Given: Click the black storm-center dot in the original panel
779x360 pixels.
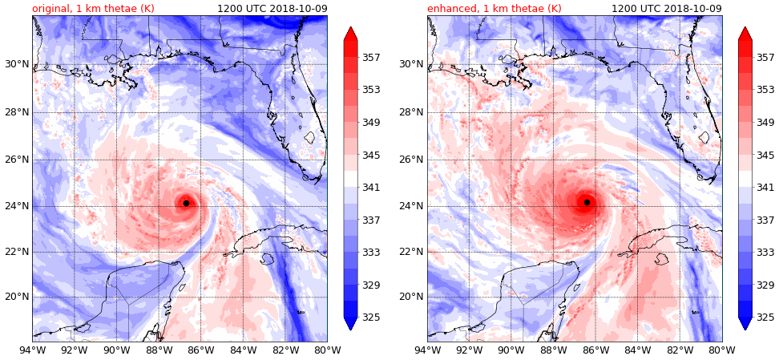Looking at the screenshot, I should pos(186,203).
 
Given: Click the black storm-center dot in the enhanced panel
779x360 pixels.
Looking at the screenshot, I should pos(587,202).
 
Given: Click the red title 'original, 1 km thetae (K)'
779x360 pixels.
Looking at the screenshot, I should pos(93,8).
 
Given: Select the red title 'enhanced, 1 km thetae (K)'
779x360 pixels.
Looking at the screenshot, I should pos(494,8).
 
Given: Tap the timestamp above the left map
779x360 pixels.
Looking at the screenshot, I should pos(272,8).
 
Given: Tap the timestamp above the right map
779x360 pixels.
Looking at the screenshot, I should pos(666,8).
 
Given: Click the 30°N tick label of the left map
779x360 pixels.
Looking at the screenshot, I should pos(18,64).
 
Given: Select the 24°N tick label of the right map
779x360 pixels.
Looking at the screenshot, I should pos(413,206).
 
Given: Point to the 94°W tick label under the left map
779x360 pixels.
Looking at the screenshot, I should pos(32,350).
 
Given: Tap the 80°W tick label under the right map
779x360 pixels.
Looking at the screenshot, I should pos(722,350).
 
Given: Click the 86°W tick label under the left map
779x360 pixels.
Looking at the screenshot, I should pos(200,350).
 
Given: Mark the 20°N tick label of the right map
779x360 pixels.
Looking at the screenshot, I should pos(413,297).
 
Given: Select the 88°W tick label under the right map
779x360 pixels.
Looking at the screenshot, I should pos(553,350).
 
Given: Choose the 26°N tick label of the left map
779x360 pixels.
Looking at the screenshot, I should pos(18,159).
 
